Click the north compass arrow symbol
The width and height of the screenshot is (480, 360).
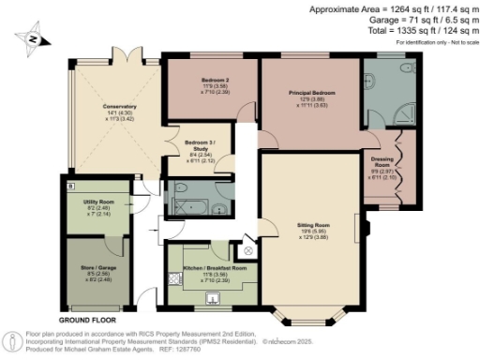[33, 40]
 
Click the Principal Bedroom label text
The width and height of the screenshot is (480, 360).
[310, 94]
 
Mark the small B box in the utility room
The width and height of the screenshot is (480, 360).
[71, 186]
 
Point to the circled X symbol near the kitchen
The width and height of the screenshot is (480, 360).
[247, 250]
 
